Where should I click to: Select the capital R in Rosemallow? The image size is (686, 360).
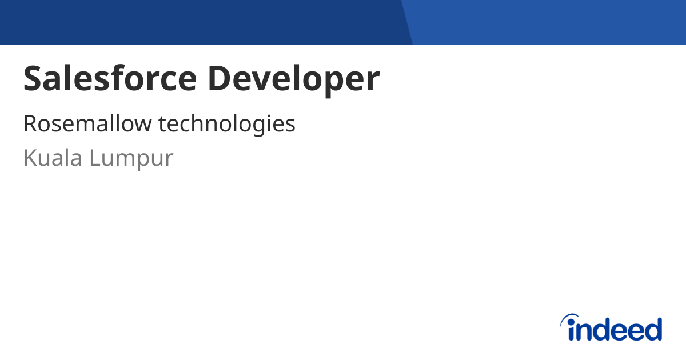30,123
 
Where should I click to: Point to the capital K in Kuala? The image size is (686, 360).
30,158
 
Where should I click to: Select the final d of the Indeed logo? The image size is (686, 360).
653,330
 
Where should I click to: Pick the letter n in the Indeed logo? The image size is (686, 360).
585,331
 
